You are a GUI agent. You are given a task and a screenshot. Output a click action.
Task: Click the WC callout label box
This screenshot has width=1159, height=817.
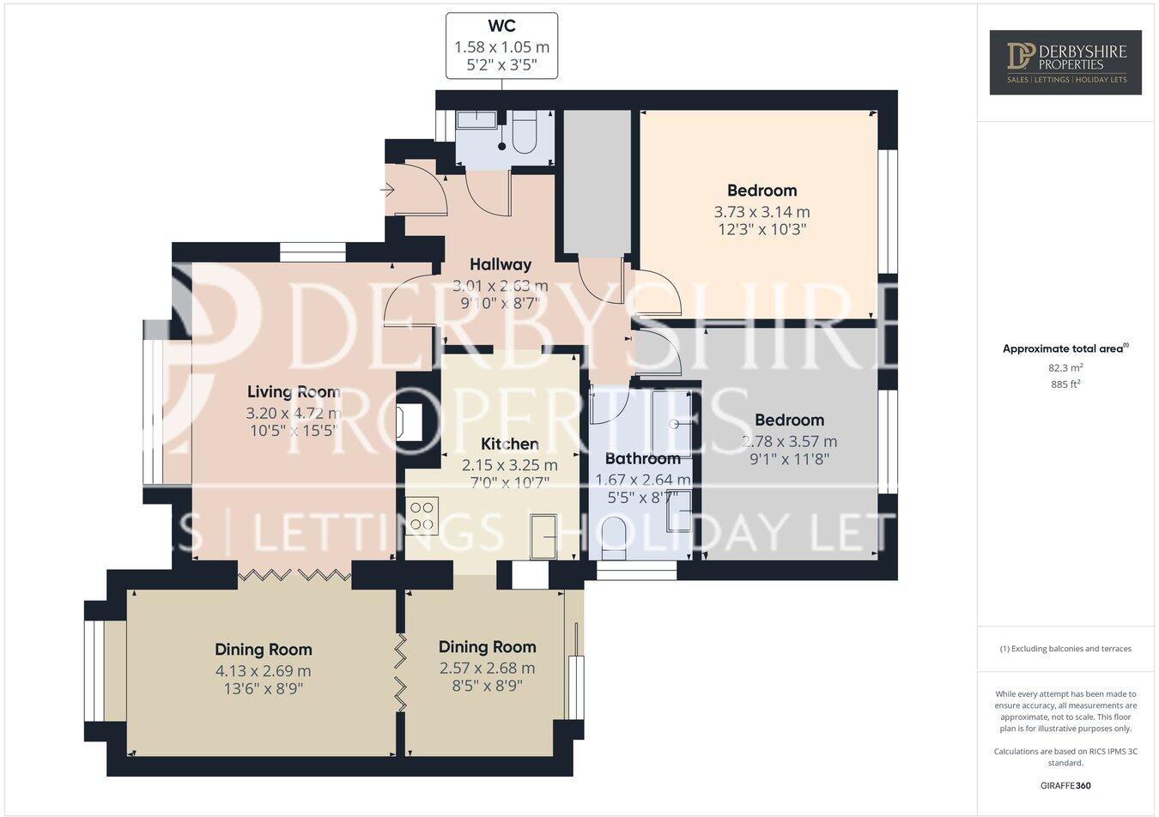tap(501, 45)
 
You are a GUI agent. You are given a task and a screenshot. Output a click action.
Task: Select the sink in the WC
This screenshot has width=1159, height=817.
tap(476, 120)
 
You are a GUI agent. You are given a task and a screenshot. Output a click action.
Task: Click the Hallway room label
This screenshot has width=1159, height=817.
tap(500, 264)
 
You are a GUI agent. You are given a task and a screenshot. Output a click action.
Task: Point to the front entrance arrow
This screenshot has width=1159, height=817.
tap(388, 189)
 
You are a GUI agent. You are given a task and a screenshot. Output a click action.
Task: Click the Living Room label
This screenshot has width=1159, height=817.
tap(293, 392)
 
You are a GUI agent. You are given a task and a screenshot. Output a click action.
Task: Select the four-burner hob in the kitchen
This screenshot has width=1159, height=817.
tap(422, 515)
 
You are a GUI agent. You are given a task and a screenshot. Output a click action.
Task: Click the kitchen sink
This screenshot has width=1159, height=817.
tap(543, 536)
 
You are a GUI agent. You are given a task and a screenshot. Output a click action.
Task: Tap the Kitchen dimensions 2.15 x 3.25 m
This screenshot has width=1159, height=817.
tap(509, 465)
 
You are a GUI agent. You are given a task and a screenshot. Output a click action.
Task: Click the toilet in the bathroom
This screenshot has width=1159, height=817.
tap(615, 536)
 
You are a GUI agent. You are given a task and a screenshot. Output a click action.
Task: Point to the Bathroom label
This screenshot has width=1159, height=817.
tap(642, 459)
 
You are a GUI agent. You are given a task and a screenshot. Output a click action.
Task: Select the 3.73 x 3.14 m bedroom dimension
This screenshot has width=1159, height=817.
tap(762, 211)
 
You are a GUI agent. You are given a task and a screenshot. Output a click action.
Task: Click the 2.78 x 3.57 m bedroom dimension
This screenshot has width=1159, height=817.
tap(789, 442)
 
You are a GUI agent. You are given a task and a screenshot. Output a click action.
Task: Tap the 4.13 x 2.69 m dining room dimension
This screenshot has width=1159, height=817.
tap(263, 671)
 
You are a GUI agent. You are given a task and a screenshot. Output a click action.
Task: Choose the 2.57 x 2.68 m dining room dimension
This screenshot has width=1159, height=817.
tap(487, 668)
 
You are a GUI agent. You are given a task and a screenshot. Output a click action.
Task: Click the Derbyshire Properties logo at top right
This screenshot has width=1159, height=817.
tap(1065, 62)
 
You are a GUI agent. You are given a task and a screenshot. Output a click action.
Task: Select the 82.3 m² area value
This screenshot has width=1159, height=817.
tap(1065, 367)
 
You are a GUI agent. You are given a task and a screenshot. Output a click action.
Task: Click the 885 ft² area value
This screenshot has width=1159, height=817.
tap(1065, 384)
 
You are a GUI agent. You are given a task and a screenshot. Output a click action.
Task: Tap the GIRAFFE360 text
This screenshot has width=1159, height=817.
tap(1065, 784)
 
